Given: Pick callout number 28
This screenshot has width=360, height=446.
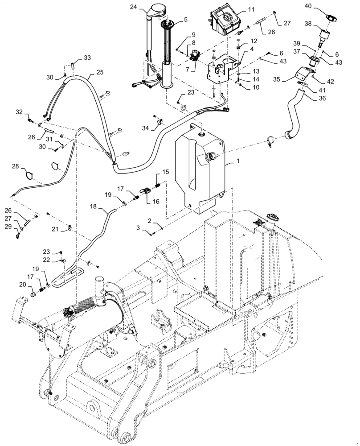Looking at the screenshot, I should click(x=16, y=166).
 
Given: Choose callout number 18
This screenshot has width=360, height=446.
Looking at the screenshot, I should click(x=93, y=206).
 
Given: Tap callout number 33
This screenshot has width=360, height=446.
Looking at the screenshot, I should click(x=87, y=57).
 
